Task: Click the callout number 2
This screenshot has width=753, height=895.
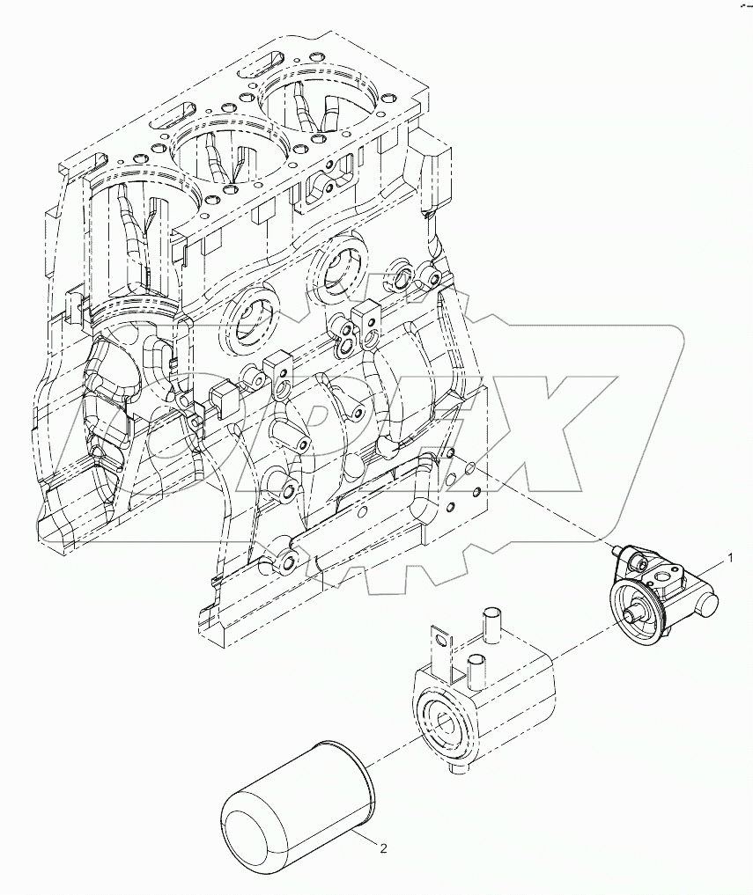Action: [382, 848]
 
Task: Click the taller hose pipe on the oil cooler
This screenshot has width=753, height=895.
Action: [491, 624]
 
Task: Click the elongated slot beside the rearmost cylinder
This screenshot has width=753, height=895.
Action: [256, 64]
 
